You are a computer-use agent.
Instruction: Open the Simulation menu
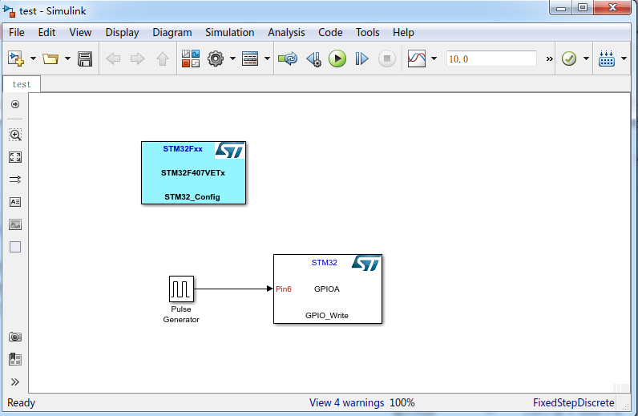229,33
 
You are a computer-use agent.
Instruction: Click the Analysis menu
286,33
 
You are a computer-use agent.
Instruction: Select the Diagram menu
172,33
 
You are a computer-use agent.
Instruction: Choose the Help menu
403,33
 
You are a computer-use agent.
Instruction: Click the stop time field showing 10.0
491,59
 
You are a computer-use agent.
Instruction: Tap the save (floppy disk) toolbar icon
85,59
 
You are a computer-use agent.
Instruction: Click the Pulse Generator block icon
181,289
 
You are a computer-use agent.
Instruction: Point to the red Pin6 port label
284,289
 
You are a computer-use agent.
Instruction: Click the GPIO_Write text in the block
327,315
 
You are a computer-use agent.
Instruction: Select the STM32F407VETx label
193,172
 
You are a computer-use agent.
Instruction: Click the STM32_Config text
192,196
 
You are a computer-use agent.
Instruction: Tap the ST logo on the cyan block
230,151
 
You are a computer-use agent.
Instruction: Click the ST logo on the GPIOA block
366,264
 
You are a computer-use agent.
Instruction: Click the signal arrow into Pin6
232,289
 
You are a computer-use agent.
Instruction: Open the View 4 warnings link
346,402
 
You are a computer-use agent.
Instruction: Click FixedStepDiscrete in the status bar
573,402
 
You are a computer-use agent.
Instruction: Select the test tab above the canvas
22,84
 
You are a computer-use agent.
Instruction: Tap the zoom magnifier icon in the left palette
15,135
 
